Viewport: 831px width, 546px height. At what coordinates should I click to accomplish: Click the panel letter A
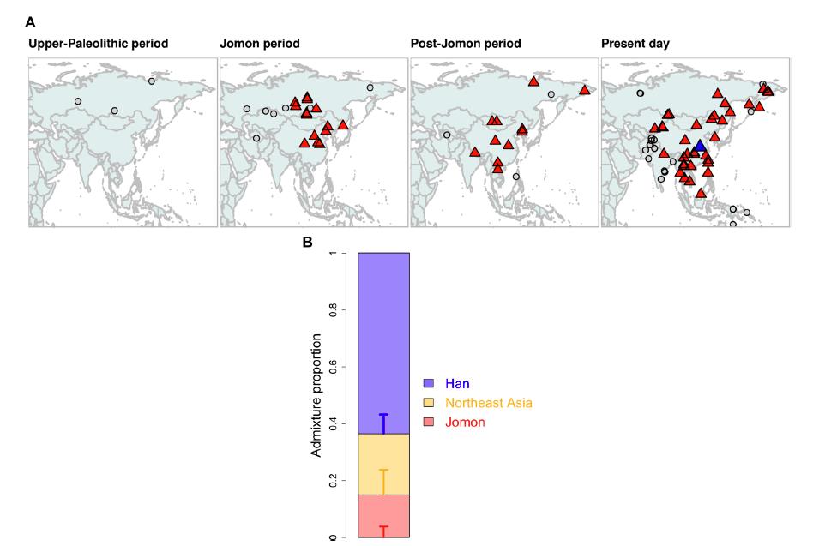30,21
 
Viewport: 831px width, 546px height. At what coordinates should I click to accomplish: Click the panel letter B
308,243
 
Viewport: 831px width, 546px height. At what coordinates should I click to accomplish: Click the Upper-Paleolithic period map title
99,44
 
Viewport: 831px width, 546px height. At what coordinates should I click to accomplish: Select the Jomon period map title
260,44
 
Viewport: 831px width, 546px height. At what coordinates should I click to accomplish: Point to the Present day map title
635,44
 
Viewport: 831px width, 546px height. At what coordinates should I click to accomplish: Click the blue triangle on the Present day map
700,147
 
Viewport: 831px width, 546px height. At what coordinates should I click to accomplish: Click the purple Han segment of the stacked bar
382,334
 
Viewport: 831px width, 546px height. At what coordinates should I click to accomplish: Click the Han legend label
457,383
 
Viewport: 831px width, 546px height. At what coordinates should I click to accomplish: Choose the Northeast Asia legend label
494,403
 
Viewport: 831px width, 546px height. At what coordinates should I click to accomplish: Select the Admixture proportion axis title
316,395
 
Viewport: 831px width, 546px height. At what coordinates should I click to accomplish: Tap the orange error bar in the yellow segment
383,482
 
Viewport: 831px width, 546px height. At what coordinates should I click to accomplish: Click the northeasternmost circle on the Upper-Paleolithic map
152,81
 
